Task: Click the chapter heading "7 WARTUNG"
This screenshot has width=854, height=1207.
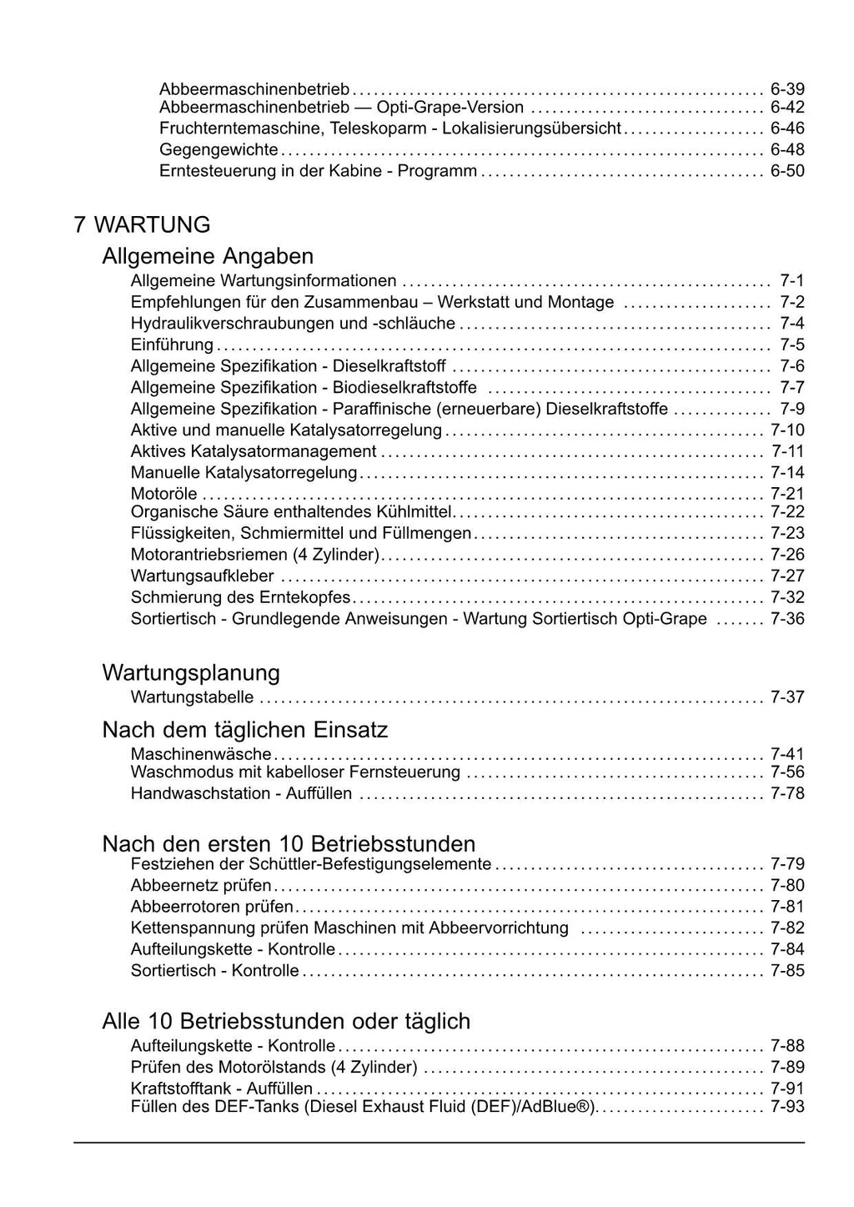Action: [x=142, y=225]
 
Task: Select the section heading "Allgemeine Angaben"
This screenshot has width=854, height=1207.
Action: [x=208, y=256]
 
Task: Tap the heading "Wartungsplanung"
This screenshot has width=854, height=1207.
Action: [x=191, y=672]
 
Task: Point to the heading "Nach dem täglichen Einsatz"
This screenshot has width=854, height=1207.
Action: [x=245, y=730]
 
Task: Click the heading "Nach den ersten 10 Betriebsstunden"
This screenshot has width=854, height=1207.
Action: [x=289, y=843]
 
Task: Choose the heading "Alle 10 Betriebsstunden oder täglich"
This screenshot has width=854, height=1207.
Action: [x=286, y=1021]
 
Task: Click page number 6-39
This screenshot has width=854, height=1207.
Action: [x=787, y=88]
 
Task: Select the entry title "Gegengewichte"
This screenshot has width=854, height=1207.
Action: [x=219, y=150]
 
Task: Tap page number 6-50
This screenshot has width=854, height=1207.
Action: [x=787, y=171]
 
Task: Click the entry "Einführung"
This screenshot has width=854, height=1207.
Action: [x=172, y=345]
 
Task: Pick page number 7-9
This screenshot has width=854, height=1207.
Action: [x=792, y=409]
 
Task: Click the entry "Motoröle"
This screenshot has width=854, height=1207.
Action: [x=164, y=494]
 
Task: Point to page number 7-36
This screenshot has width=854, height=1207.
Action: [x=787, y=619]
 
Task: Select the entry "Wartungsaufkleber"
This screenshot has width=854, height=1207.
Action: [x=203, y=576]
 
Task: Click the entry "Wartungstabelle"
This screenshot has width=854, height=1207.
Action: [x=192, y=697]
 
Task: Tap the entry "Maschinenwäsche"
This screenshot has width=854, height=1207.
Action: [x=201, y=755]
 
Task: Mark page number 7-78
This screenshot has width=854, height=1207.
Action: [x=787, y=793]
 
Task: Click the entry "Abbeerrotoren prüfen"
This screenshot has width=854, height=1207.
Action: [x=212, y=907]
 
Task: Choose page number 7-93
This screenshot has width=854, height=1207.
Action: [x=787, y=1107]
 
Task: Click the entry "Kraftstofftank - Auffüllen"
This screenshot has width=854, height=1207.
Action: [x=222, y=1089]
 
